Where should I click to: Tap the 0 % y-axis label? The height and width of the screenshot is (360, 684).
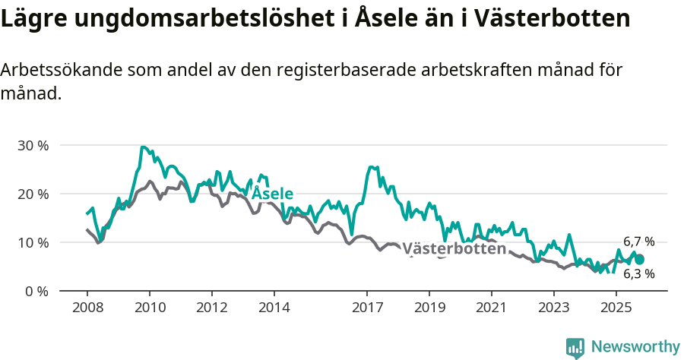(36, 291)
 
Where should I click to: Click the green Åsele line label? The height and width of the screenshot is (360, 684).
(272, 194)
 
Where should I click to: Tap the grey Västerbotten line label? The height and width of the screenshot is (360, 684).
(454, 248)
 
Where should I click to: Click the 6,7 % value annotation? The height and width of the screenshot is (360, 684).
(638, 242)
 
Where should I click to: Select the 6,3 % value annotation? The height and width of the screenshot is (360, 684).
(638, 274)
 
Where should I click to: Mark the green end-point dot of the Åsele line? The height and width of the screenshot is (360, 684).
(639, 260)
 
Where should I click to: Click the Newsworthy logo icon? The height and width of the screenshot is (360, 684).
(575, 347)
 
